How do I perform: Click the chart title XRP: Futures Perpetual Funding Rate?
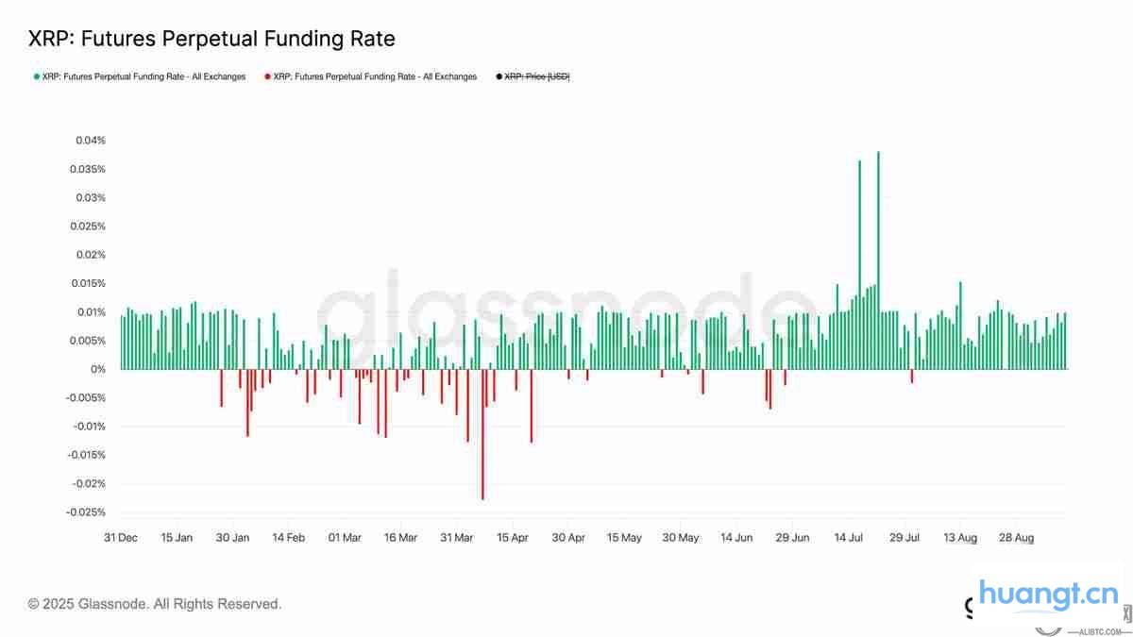click(x=211, y=39)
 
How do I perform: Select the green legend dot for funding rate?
click(x=36, y=76)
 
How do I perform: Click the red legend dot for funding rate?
click(x=267, y=76)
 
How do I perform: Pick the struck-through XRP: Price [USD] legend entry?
click(x=537, y=76)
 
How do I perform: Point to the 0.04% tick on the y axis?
click(x=91, y=141)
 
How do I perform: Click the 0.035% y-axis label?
click(x=88, y=170)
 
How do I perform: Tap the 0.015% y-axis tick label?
click(x=88, y=284)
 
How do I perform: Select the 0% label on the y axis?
click(x=98, y=370)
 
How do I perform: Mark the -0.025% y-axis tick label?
click(x=86, y=512)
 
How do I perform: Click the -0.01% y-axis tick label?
click(x=88, y=427)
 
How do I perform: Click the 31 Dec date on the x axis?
click(x=120, y=538)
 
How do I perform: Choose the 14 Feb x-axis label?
click(x=288, y=538)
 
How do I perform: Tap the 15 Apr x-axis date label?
click(x=512, y=538)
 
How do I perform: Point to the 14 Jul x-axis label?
click(x=849, y=538)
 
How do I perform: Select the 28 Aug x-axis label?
click(x=1017, y=538)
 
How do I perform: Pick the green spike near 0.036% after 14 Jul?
click(x=859, y=264)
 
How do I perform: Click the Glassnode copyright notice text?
click(x=155, y=604)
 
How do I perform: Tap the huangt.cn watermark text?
click(x=1048, y=595)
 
